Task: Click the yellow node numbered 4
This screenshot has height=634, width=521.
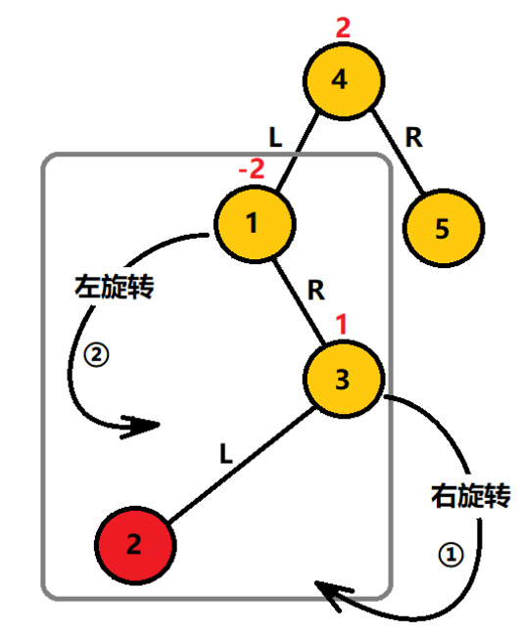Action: tap(340, 80)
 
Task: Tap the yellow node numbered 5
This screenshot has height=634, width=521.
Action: tap(441, 229)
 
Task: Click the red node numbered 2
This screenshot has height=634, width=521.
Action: tap(134, 544)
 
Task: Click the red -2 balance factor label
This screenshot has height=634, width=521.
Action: tap(252, 169)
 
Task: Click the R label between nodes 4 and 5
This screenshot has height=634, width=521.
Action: tap(413, 139)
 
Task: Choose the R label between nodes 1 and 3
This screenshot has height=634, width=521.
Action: tap(315, 290)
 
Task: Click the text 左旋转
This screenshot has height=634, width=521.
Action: tap(117, 289)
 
